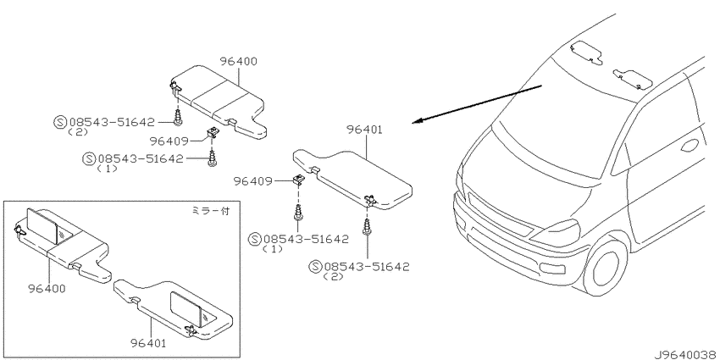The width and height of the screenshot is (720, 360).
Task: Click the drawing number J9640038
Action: click(x=686, y=355)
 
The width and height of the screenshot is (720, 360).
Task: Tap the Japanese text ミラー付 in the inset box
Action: click(x=210, y=211)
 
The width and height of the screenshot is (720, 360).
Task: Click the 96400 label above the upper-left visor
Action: click(x=238, y=61)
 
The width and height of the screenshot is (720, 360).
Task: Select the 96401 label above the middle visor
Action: click(x=364, y=130)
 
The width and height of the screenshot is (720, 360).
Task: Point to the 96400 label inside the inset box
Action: click(x=47, y=288)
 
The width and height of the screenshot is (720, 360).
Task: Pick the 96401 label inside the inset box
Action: click(x=148, y=342)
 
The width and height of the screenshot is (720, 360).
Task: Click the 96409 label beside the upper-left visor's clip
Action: click(x=168, y=141)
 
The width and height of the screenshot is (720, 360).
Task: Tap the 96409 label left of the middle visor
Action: click(x=252, y=181)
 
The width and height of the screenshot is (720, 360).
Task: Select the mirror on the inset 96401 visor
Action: click(x=187, y=307)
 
